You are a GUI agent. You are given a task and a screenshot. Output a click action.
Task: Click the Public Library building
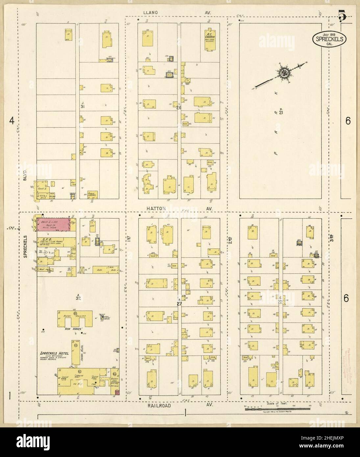92,194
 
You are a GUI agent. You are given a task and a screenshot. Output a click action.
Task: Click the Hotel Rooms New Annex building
75,318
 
